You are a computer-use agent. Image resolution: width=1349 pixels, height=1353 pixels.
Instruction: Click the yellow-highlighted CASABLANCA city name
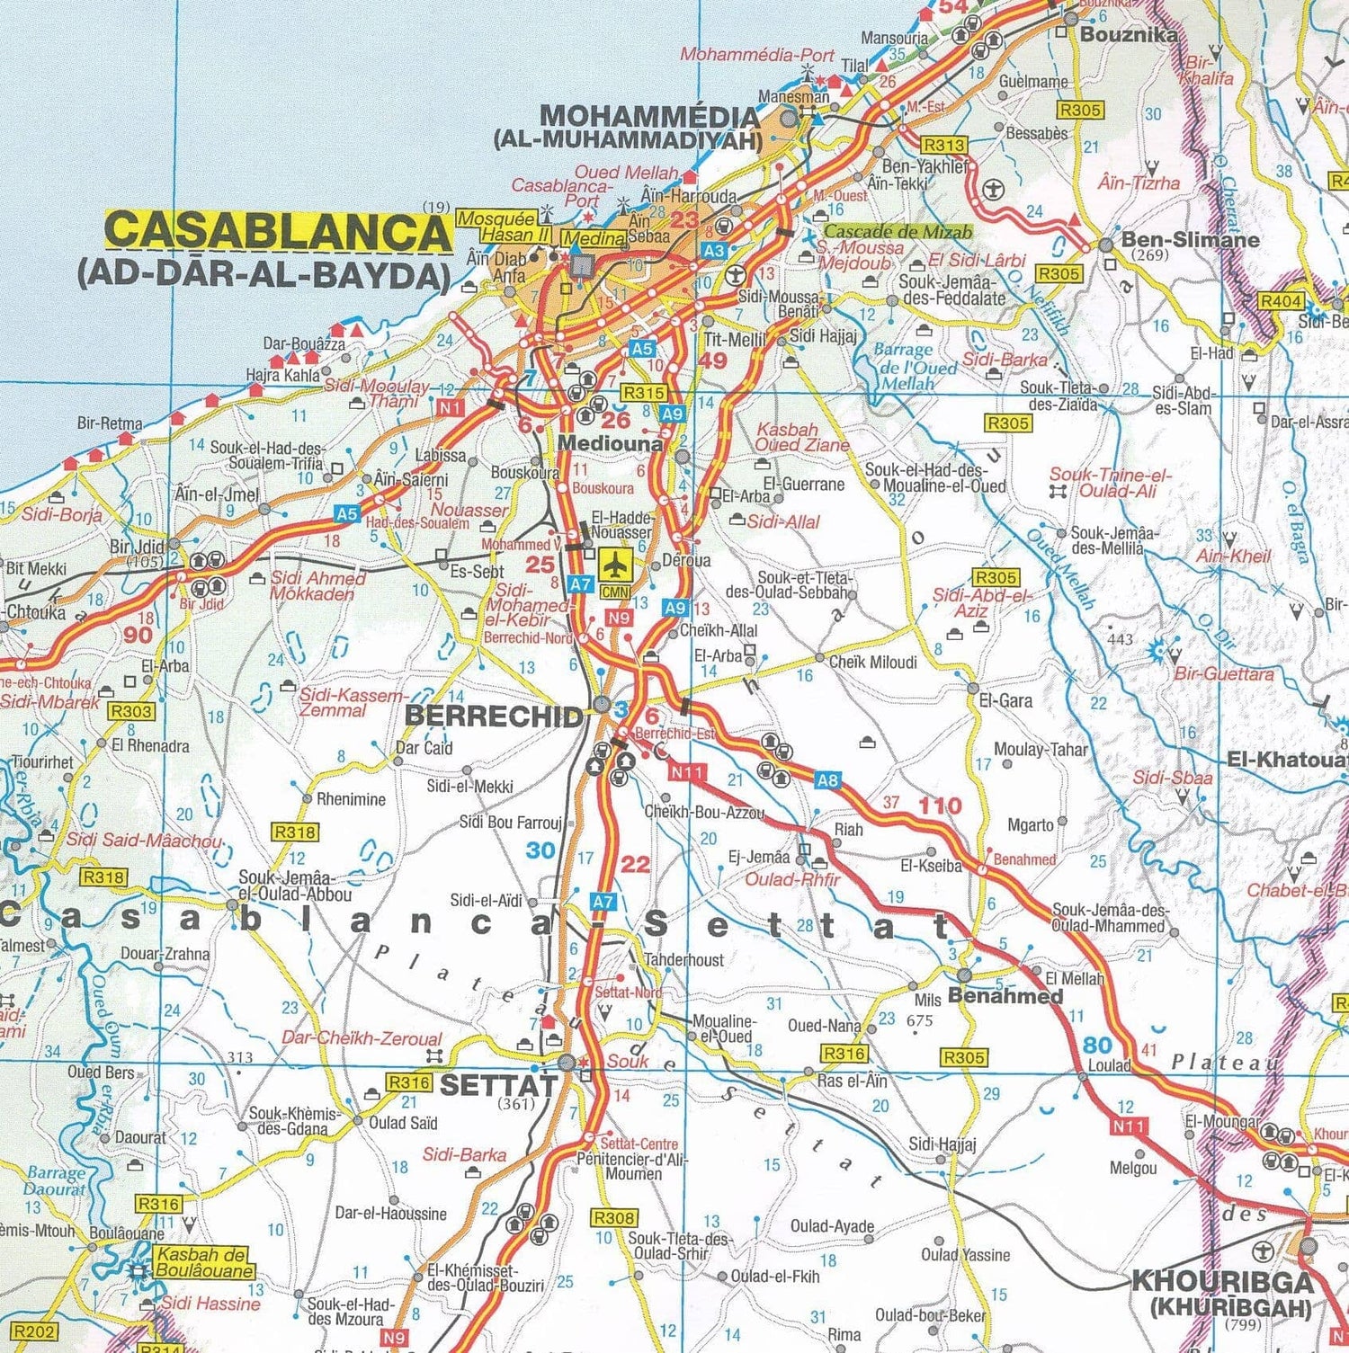click(278, 231)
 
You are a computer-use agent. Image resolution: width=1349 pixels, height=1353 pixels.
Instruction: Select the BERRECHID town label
click(494, 716)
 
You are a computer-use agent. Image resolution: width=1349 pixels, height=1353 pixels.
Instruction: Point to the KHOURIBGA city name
click(1221, 1281)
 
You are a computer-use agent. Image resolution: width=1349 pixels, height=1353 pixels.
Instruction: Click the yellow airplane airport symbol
click(615, 565)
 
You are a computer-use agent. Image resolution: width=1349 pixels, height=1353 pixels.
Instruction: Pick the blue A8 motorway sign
click(827, 780)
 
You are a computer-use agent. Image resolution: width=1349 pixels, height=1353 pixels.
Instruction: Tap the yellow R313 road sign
click(943, 145)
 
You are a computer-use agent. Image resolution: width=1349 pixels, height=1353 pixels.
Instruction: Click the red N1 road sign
click(451, 407)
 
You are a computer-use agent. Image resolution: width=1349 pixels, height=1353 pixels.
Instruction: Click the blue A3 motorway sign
click(713, 252)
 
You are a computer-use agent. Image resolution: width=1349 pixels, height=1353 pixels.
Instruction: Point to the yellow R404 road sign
click(1280, 301)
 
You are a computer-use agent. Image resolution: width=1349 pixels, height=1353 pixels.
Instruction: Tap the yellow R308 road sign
click(614, 1218)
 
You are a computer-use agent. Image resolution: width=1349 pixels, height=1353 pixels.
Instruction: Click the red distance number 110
click(940, 806)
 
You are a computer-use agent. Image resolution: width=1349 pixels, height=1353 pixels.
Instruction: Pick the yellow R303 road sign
click(131, 711)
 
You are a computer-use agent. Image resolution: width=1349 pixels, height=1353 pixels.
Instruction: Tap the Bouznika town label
click(1129, 35)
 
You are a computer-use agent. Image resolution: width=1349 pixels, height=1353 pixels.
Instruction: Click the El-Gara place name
click(1005, 700)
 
